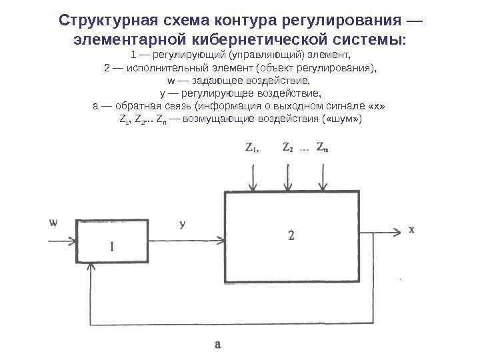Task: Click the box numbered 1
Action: click(111, 243)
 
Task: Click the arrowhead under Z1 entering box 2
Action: click(253, 188)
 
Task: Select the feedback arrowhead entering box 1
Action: click(91, 265)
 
